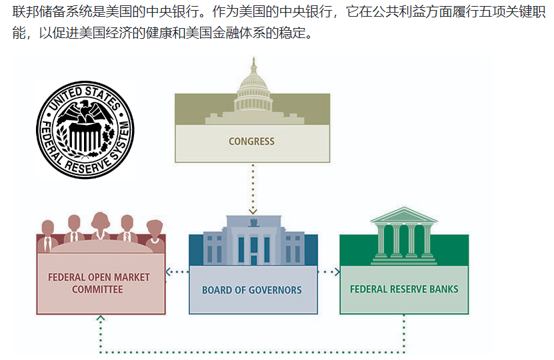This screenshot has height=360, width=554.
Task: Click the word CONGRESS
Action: point(251,141)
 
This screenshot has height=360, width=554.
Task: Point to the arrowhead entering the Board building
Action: point(253,212)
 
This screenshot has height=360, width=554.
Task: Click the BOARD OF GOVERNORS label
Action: point(252,291)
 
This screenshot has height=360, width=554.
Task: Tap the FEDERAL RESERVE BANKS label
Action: point(404,290)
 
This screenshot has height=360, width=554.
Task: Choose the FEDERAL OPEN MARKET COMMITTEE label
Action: point(99,283)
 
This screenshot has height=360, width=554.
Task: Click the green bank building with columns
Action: point(404,237)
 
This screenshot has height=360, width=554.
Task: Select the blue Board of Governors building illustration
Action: point(253,241)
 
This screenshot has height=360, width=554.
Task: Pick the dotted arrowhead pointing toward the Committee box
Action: point(169,272)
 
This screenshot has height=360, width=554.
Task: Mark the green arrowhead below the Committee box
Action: point(101,319)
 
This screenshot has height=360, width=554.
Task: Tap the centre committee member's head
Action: point(101,220)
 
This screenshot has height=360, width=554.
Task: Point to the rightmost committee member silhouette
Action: point(155,233)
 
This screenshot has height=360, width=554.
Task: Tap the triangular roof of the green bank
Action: point(404,215)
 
